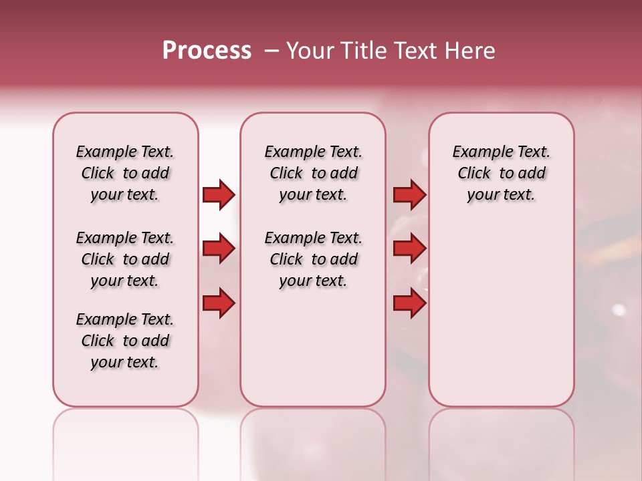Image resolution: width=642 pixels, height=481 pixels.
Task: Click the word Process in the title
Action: pyautogui.click(x=207, y=51)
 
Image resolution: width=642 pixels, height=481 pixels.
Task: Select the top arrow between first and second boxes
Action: pyautogui.click(x=219, y=195)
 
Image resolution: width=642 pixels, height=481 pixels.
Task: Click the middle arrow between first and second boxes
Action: pyautogui.click(x=219, y=249)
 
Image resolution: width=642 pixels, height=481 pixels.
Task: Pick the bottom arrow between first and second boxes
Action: pyautogui.click(x=219, y=303)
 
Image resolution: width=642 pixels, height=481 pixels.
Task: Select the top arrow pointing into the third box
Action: pyautogui.click(x=409, y=195)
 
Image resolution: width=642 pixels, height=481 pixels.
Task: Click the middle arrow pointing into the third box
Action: pyautogui.click(x=409, y=249)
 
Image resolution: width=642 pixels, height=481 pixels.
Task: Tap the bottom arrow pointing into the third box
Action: pyautogui.click(x=409, y=303)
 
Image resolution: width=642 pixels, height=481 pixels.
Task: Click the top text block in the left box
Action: pyautogui.click(x=125, y=173)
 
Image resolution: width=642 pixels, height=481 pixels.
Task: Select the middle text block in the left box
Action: pyautogui.click(x=125, y=259)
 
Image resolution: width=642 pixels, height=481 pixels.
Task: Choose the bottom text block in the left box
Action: pyautogui.click(x=125, y=341)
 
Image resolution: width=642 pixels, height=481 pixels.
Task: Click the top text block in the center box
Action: pyautogui.click(x=314, y=173)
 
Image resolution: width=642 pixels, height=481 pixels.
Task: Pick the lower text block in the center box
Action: pyautogui.click(x=314, y=259)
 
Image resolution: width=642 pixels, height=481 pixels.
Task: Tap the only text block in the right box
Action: pyautogui.click(x=502, y=173)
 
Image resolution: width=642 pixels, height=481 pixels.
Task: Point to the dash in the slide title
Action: pyautogui.click(x=271, y=51)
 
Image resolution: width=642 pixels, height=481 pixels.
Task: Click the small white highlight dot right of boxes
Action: pyautogui.click(x=619, y=310)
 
